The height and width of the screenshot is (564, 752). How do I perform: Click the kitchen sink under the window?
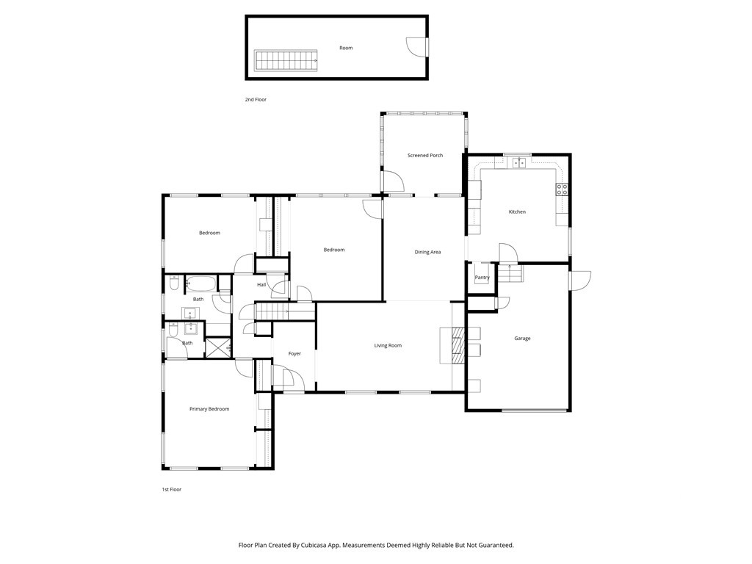click(519, 163)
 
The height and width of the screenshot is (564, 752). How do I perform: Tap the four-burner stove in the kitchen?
click(562, 189)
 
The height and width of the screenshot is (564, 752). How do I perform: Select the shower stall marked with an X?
click(218, 347)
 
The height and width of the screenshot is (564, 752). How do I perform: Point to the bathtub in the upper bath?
click(201, 284)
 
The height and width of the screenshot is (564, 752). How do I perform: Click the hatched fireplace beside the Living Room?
click(459, 345)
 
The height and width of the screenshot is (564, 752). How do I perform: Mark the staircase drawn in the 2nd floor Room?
click(286, 60)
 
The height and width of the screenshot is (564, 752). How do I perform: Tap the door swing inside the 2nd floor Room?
click(416, 48)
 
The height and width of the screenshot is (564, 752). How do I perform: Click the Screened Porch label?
click(425, 156)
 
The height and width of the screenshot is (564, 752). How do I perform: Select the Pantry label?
click(482, 277)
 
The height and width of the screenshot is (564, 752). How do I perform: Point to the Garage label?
click(522, 338)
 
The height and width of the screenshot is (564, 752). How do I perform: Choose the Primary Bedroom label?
click(209, 409)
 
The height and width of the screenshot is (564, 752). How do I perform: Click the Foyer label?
click(294, 353)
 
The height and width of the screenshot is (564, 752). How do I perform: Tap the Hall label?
click(261, 285)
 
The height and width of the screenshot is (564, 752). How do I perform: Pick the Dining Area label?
click(428, 252)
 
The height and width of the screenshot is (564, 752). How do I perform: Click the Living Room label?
click(388, 345)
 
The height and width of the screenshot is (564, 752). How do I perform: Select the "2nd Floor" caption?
click(256, 100)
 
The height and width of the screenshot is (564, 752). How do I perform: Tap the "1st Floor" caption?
click(171, 490)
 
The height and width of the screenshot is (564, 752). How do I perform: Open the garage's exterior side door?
click(580, 281)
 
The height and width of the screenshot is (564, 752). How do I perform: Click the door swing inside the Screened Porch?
click(393, 181)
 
